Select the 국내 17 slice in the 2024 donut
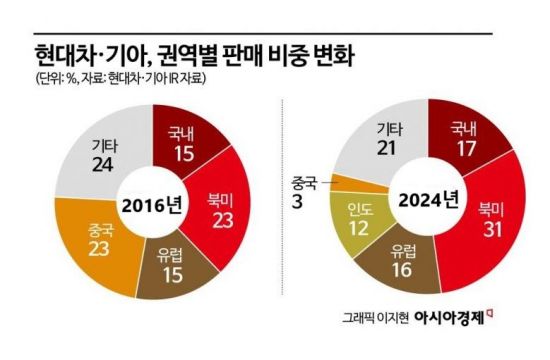point(464,138)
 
